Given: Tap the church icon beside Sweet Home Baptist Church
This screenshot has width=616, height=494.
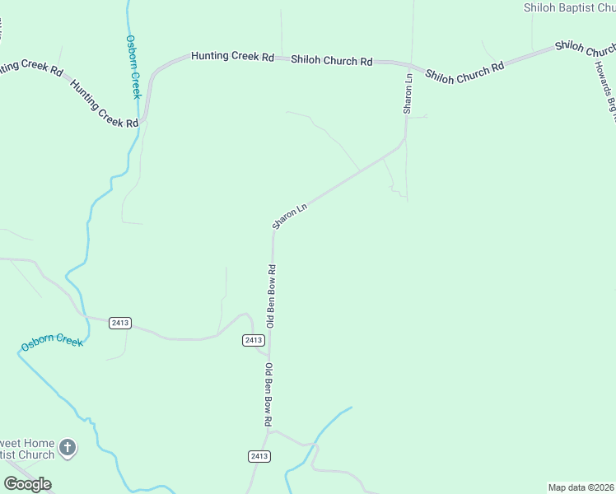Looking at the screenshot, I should pos(68,448).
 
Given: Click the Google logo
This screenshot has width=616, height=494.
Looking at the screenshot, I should pos(27,484).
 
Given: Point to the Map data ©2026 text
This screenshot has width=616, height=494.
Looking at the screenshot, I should pos(581,487).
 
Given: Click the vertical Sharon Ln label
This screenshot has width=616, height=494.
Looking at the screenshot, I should pos(408,93).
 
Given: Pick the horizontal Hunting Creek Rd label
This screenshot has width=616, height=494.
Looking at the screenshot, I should pos(232,57).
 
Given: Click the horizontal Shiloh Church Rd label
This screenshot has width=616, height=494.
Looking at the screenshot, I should pos(332,61).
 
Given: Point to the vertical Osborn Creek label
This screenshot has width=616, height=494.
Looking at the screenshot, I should pos(133,66).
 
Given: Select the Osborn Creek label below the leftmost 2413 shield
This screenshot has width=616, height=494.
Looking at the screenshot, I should pos(53,342).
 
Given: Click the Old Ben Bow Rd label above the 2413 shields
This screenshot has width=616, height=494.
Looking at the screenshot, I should pos(270,296).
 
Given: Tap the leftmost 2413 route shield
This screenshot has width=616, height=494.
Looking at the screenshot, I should pos(119,323).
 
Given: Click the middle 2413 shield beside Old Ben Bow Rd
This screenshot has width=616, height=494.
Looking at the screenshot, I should pos(254,340).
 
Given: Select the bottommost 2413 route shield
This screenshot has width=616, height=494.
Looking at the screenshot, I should pos(259,456).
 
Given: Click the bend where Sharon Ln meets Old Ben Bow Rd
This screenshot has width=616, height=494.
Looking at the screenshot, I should pos(274,232).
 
